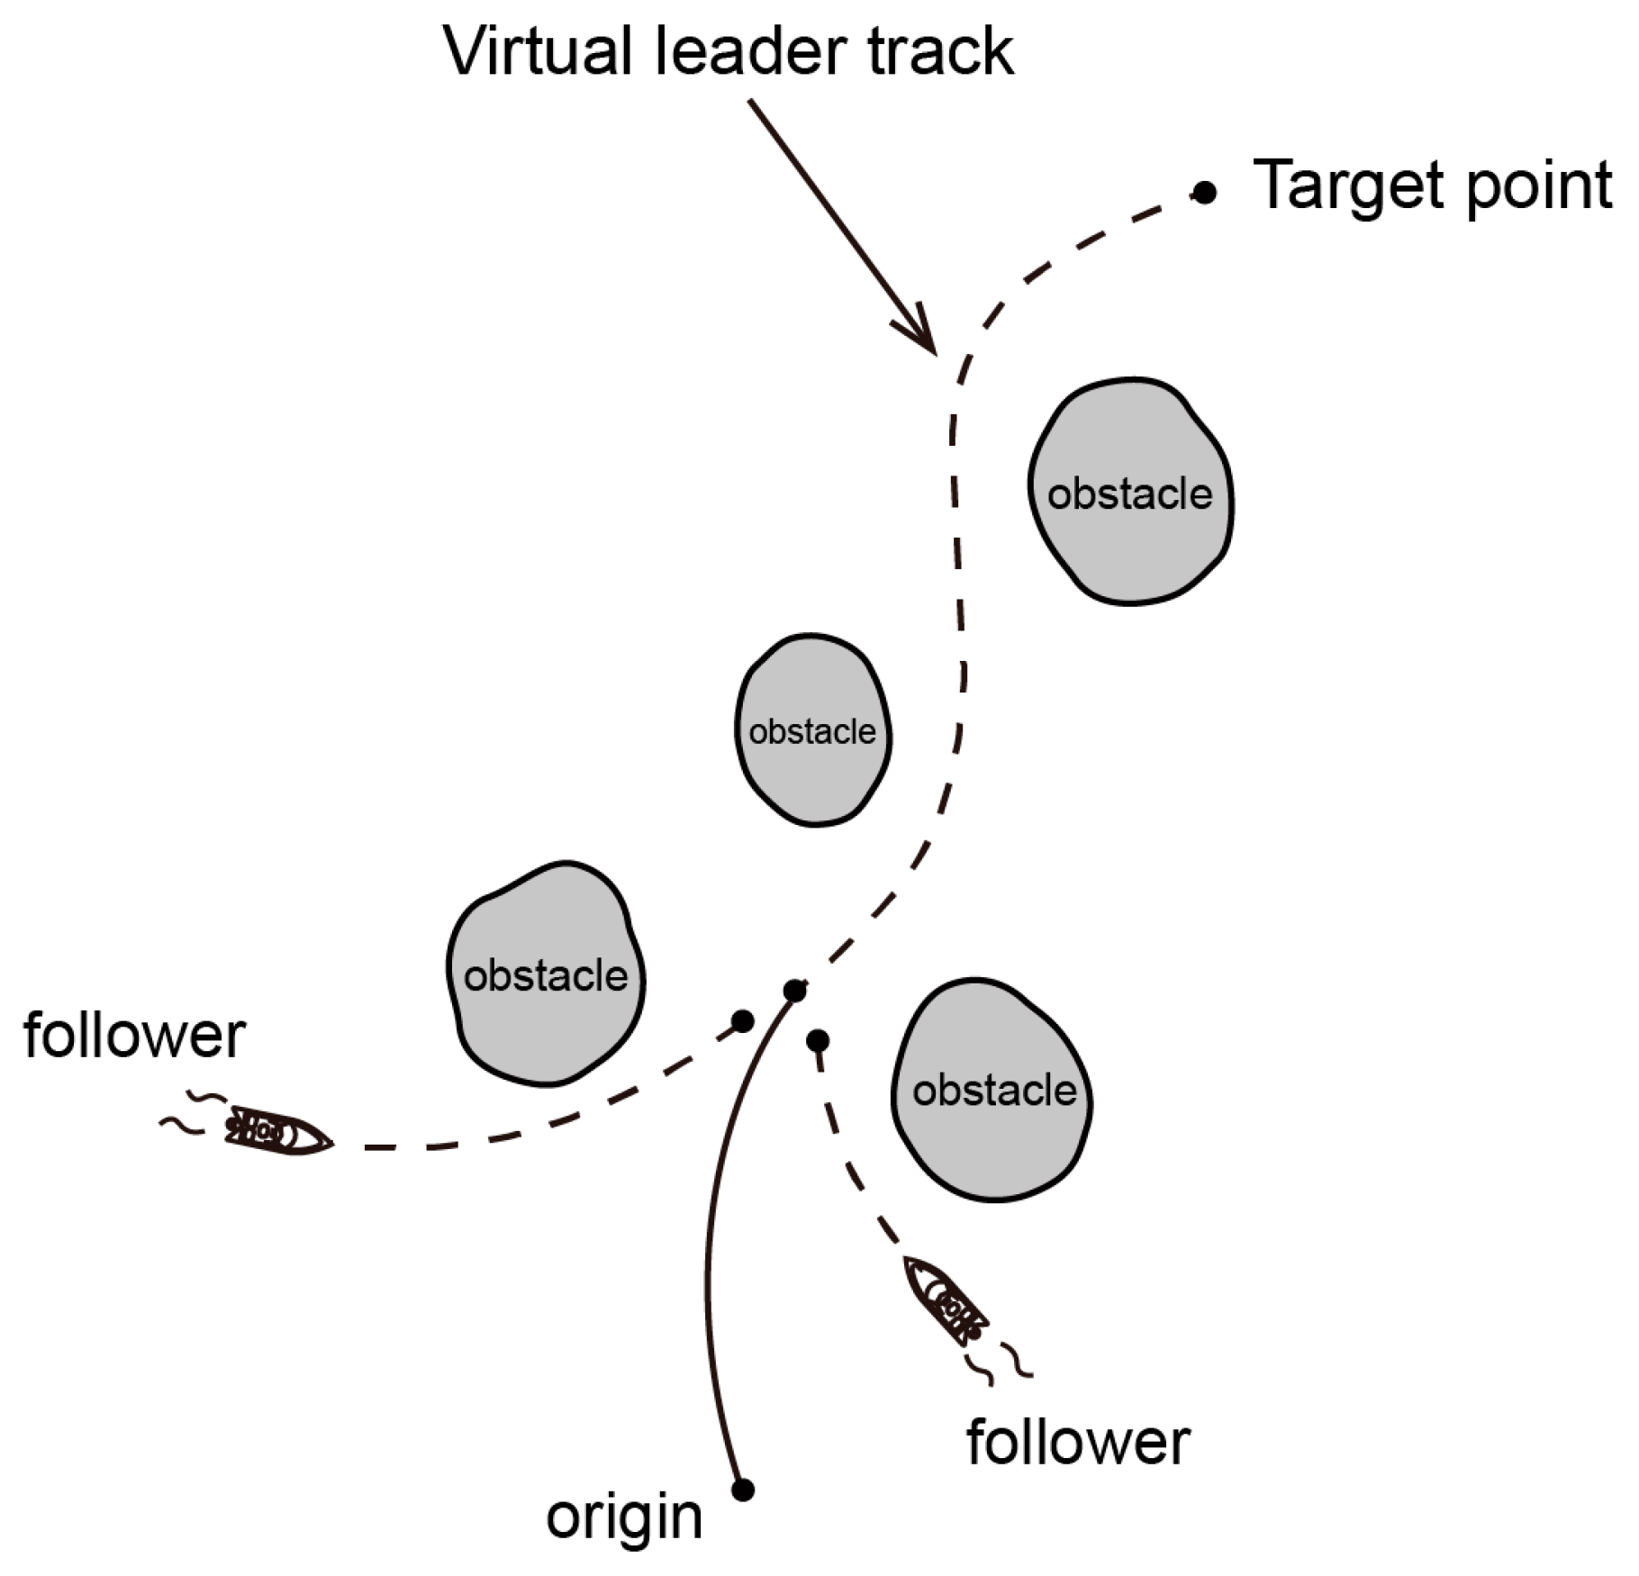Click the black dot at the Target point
tap(1204, 192)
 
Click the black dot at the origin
tap(743, 1490)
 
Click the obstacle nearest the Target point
tap(1130, 492)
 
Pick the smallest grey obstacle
tap(812, 730)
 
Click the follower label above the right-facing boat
tap(134, 1037)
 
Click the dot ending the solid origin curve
tap(794, 992)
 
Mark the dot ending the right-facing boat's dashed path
tap(743, 1021)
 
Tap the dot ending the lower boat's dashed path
tap(818, 1041)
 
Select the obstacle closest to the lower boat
tap(992, 1091)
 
